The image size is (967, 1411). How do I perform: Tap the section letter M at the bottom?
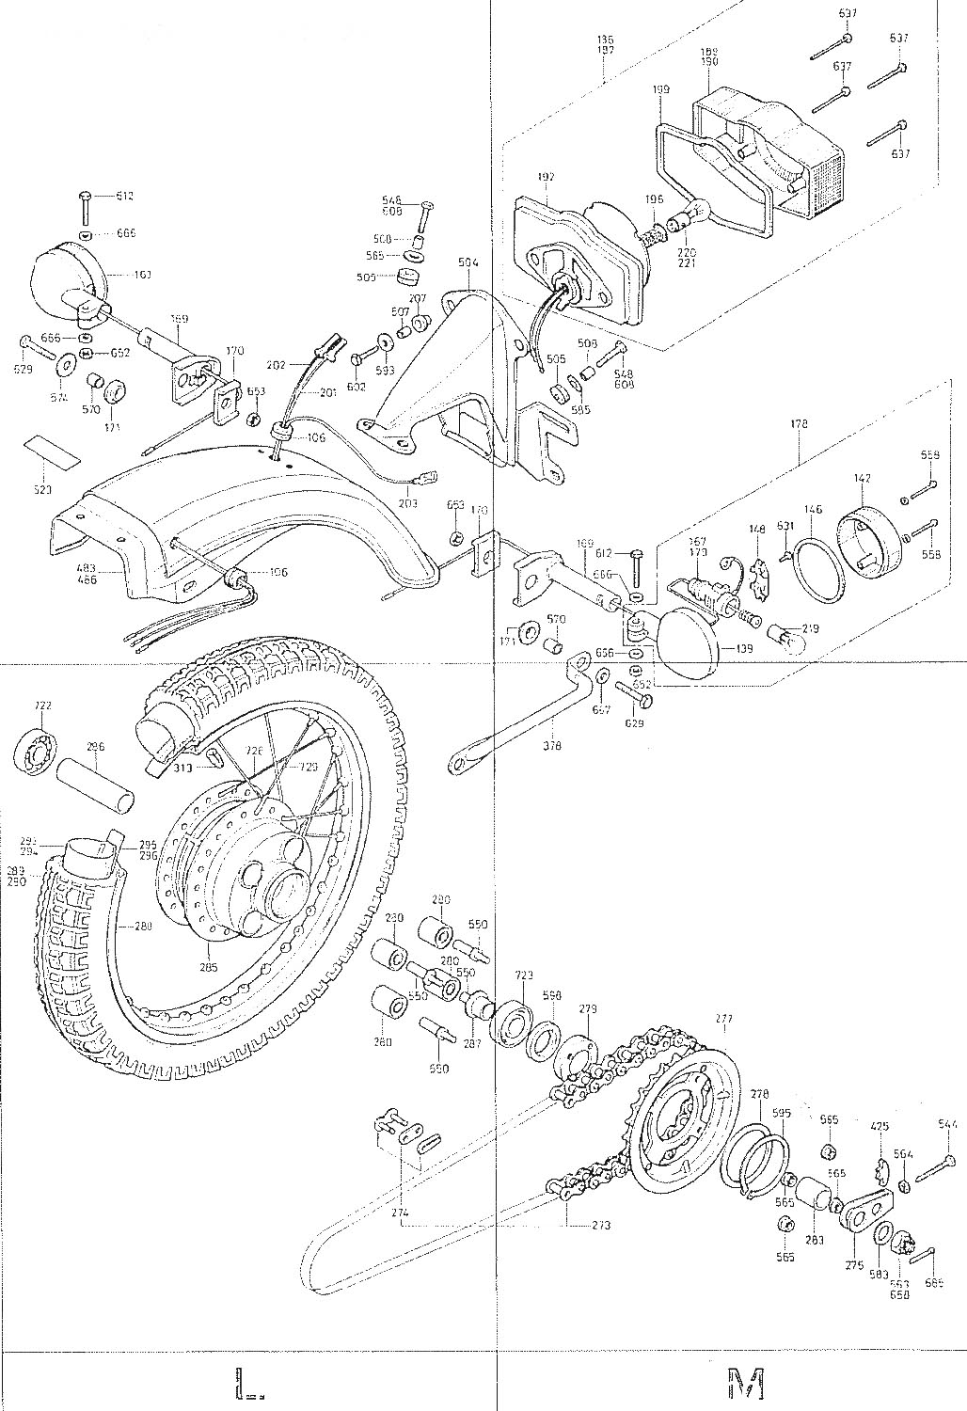click(746, 1383)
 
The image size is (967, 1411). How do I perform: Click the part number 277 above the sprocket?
click(722, 1019)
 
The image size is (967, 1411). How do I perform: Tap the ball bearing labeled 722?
click(38, 750)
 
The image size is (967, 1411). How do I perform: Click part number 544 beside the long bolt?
click(947, 1125)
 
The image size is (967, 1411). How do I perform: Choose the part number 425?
click(880, 1125)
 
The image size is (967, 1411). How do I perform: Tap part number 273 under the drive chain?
click(601, 1226)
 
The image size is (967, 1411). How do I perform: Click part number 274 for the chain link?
click(402, 1214)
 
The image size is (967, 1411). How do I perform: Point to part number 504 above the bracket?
click(468, 264)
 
